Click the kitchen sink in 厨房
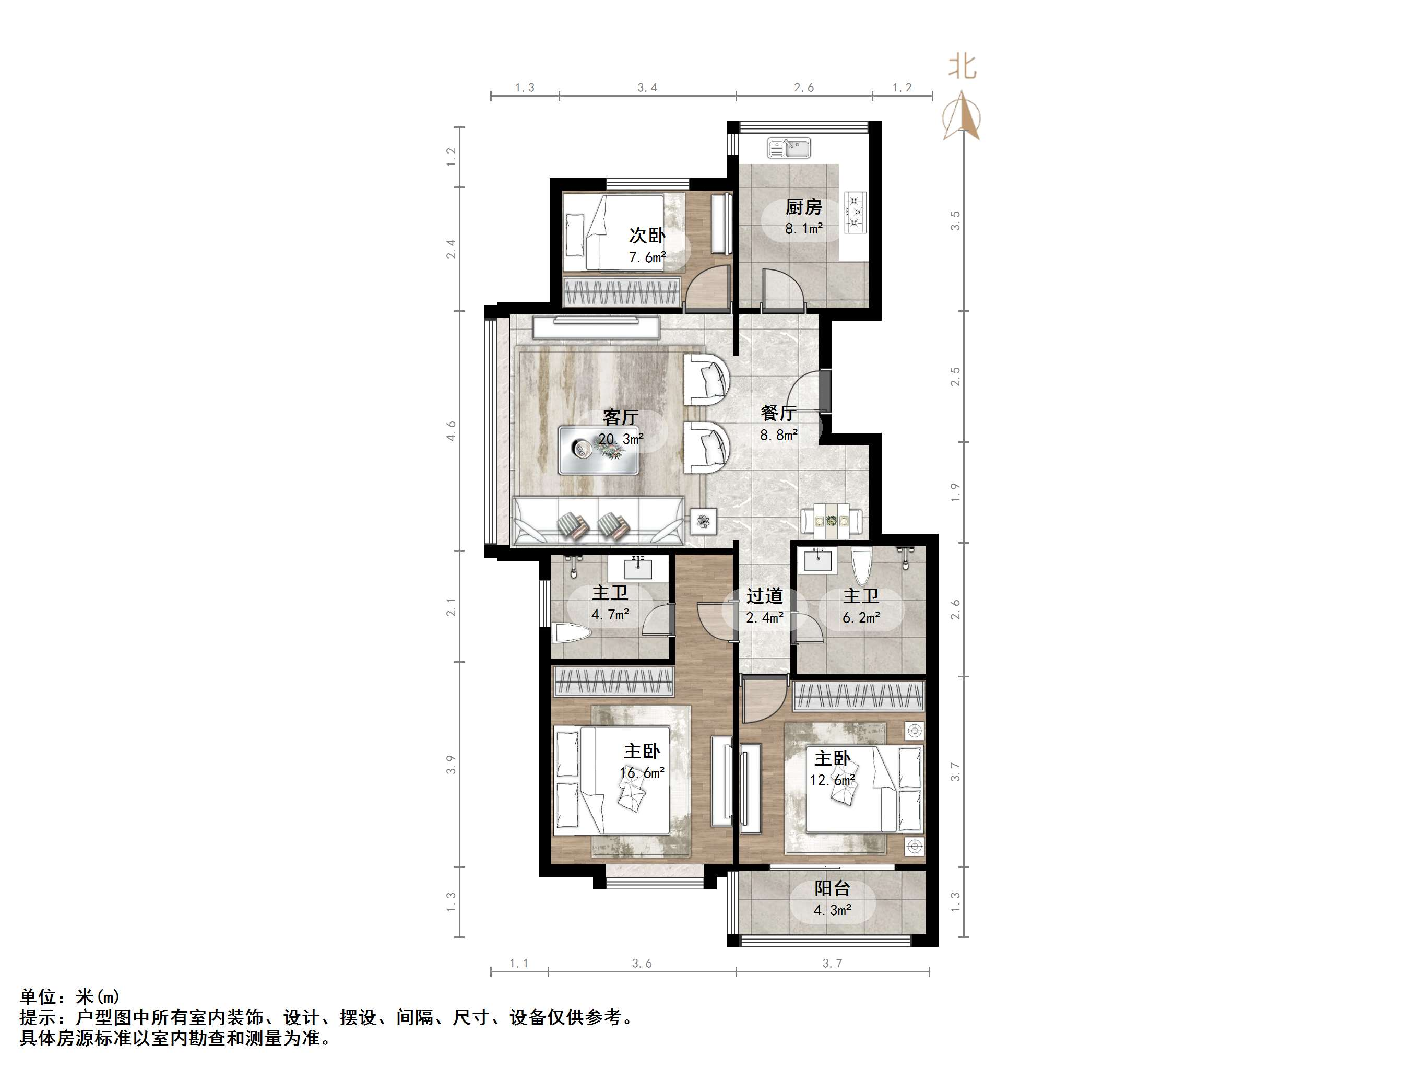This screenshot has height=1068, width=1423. (x=789, y=149)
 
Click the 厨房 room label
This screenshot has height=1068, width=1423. (x=803, y=207)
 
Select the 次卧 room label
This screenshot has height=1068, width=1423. (x=647, y=236)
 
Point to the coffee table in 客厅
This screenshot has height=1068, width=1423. (x=598, y=450)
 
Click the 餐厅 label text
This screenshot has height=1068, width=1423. (x=778, y=413)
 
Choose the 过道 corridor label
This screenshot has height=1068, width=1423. (x=764, y=596)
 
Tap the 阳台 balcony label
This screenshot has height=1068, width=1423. (x=833, y=888)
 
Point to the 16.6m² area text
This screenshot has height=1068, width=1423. (x=642, y=773)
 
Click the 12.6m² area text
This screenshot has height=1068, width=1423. (x=833, y=780)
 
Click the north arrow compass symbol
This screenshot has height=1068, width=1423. (x=962, y=117)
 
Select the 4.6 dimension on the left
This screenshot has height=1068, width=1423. (x=452, y=431)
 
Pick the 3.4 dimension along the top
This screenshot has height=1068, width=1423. (x=647, y=88)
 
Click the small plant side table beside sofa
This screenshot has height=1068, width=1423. (x=704, y=521)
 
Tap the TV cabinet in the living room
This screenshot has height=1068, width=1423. (x=596, y=327)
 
